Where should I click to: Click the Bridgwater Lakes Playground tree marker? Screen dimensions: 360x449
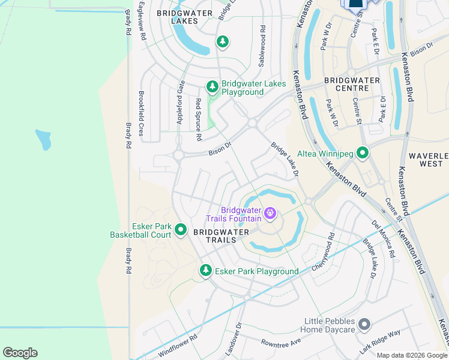click(212, 87)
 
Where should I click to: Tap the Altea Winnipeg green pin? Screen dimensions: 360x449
click(362, 154)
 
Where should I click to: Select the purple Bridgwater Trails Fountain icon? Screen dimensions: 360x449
click(270, 212)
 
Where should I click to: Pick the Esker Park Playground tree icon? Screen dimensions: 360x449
click(206, 271)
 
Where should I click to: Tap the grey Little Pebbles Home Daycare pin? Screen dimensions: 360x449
click(364, 325)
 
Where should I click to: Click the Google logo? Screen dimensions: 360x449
click(20, 353)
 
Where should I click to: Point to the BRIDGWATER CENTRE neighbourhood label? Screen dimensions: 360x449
click(352, 85)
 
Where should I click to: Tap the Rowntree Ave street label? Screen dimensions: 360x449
click(280, 343)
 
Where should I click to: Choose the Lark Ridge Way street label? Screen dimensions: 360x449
click(380, 342)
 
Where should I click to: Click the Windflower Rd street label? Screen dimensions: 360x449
click(178, 346)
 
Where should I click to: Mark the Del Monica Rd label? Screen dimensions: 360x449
click(383, 238)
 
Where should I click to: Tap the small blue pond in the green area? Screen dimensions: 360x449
click(43, 140)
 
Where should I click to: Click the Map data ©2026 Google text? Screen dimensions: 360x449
click(412, 355)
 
